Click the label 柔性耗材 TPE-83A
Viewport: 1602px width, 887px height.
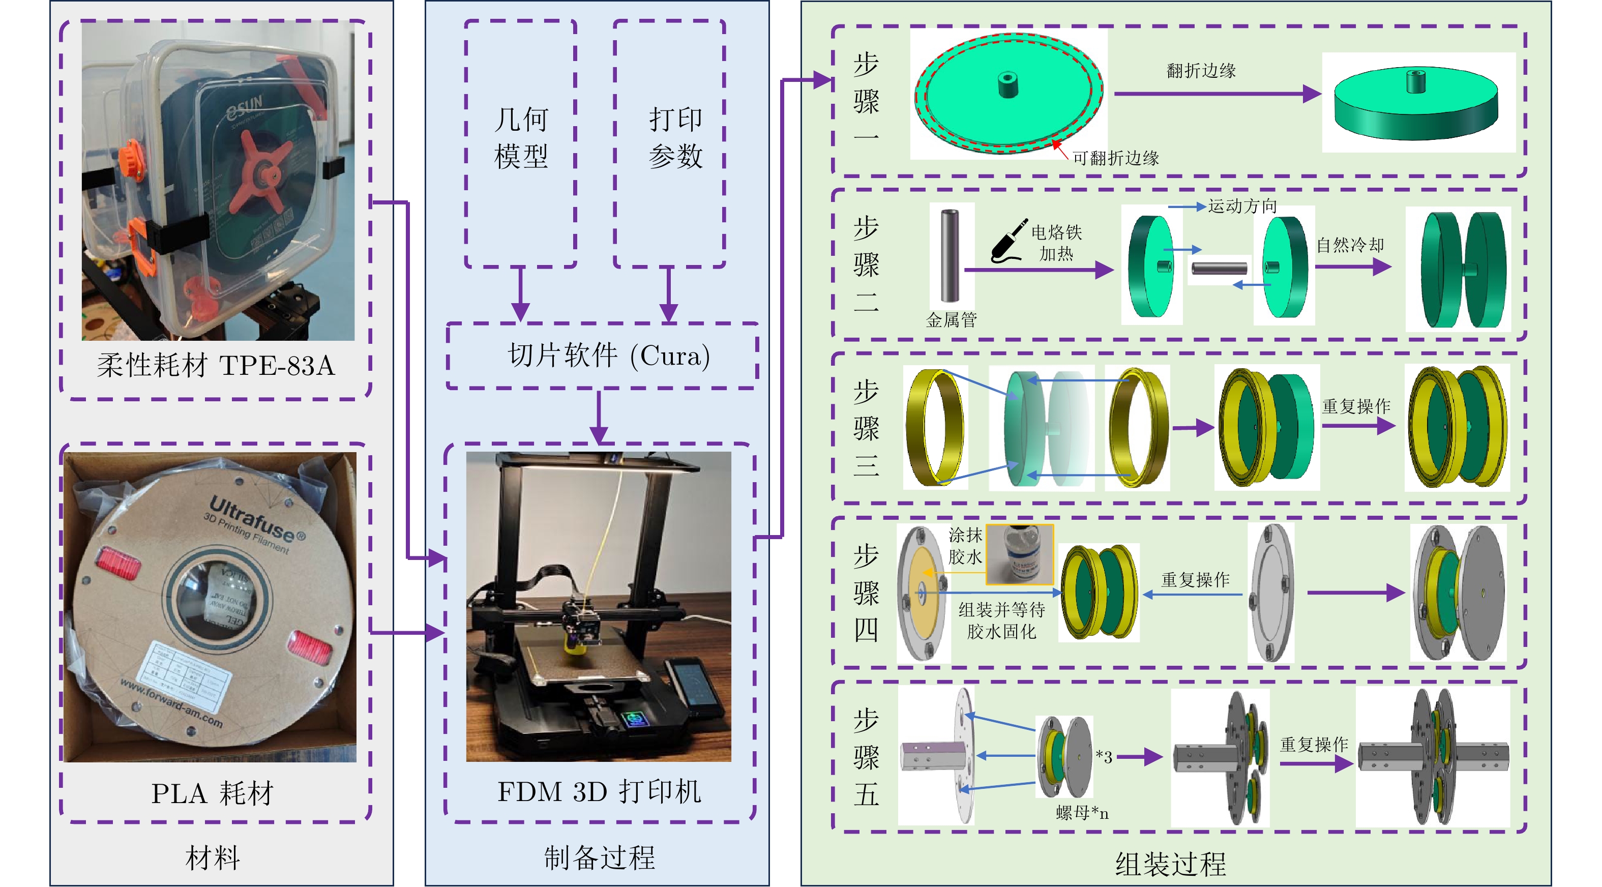pos(215,365)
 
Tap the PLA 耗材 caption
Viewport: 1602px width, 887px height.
pos(212,793)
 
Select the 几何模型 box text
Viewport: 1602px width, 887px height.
pos(521,137)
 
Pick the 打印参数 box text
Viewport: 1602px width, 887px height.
pos(675,137)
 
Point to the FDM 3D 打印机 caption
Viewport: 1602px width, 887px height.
pos(599,792)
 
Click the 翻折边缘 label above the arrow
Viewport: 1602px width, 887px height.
pos(1200,71)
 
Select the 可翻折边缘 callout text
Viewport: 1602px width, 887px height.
pos(1116,159)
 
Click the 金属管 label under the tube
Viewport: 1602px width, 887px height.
pos(951,320)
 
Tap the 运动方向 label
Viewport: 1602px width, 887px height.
pos(1242,206)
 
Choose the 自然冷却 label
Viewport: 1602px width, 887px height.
pos(1350,245)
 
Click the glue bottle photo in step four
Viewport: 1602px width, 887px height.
pos(1019,553)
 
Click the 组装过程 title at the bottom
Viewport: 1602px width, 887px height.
pos(1170,864)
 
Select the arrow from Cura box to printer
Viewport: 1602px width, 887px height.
pos(599,417)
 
